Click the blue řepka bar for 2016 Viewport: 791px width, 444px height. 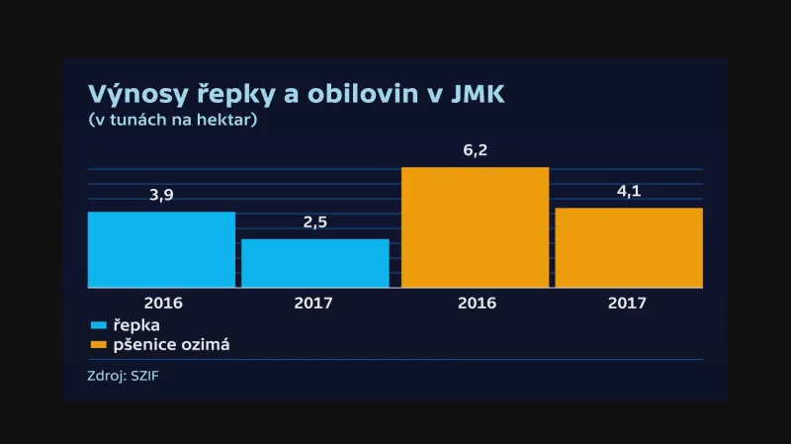[x=161, y=250]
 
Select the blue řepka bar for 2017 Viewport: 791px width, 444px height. [x=314, y=263]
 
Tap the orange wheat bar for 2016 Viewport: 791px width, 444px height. [x=475, y=227]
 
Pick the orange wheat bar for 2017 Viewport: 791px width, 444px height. [x=629, y=248]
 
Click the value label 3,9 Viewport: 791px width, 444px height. [x=161, y=195]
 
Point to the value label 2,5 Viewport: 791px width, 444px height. [x=314, y=222]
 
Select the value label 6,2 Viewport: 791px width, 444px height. [x=476, y=151]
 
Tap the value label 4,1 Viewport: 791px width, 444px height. [x=629, y=191]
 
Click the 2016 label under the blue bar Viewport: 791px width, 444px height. [x=162, y=303]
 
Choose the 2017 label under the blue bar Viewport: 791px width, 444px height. [x=314, y=303]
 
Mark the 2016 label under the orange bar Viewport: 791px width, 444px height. [x=476, y=303]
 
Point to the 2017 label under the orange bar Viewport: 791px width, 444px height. [x=629, y=303]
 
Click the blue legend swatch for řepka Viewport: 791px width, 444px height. [x=97, y=325]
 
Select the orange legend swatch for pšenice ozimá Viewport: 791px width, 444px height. [x=97, y=345]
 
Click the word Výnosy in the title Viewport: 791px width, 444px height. [x=133, y=95]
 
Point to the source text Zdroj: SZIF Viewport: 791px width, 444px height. [x=123, y=376]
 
